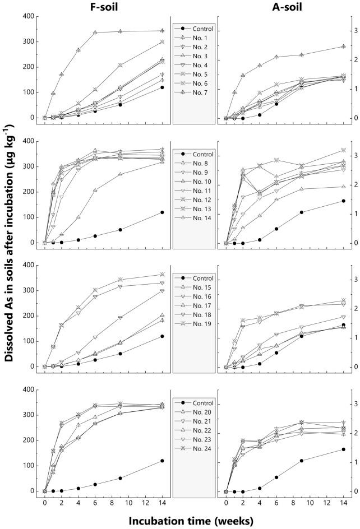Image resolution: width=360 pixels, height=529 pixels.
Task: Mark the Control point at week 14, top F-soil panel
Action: pyautogui.click(x=162, y=87)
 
